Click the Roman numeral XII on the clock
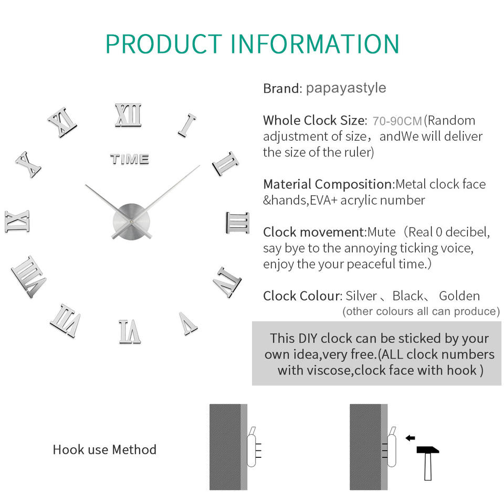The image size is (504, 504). (x=129, y=115)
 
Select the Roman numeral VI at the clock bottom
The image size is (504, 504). (x=129, y=331)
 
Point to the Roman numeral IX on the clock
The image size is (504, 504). (x=17, y=221)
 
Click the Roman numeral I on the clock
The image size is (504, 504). (x=187, y=125)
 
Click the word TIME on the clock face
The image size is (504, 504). (x=130, y=159)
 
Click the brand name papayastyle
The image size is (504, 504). (x=346, y=88)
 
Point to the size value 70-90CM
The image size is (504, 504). (x=397, y=121)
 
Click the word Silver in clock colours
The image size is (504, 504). (x=361, y=296)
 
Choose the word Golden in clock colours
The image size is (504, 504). (x=459, y=296)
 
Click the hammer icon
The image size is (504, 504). (x=428, y=460)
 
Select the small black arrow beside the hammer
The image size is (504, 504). (x=411, y=437)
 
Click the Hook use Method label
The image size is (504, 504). (x=104, y=449)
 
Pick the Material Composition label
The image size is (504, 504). (x=328, y=184)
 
